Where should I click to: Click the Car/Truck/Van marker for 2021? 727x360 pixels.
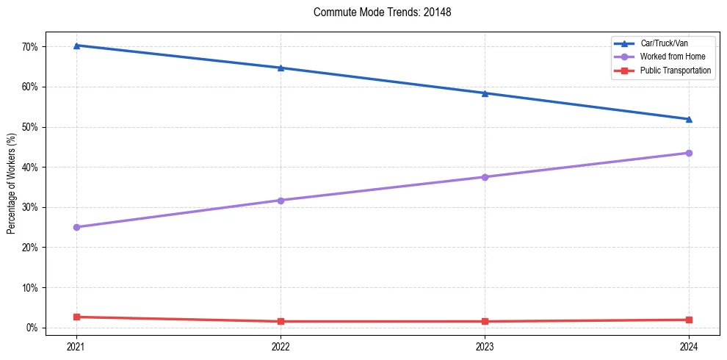[x=76, y=46]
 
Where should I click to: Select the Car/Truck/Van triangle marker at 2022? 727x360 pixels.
[x=281, y=68]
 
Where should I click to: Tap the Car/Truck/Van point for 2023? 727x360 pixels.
[x=485, y=93]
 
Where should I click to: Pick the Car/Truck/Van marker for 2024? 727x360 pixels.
[x=689, y=119]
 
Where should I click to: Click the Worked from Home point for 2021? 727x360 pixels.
[x=76, y=227]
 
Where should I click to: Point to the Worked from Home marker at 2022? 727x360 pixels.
[x=281, y=201]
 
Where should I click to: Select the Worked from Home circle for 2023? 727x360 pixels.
[x=485, y=177]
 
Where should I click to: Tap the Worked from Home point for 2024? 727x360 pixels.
[x=689, y=153]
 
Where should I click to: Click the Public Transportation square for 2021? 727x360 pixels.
[x=76, y=317]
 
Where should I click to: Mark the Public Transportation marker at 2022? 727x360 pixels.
[x=281, y=321]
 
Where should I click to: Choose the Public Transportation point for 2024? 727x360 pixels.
[x=689, y=320]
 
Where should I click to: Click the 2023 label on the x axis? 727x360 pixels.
[x=485, y=345]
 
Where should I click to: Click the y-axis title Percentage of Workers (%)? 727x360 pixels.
[x=12, y=184]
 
